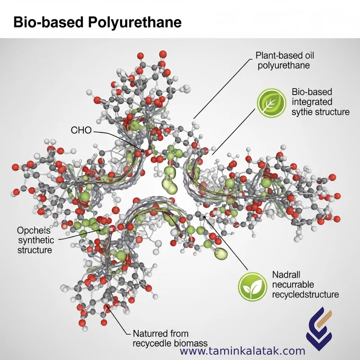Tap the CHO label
click(x=81, y=130)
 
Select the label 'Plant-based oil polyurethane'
click(x=284, y=60)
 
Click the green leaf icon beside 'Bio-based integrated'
click(x=271, y=100)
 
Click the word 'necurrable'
click(x=292, y=284)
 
